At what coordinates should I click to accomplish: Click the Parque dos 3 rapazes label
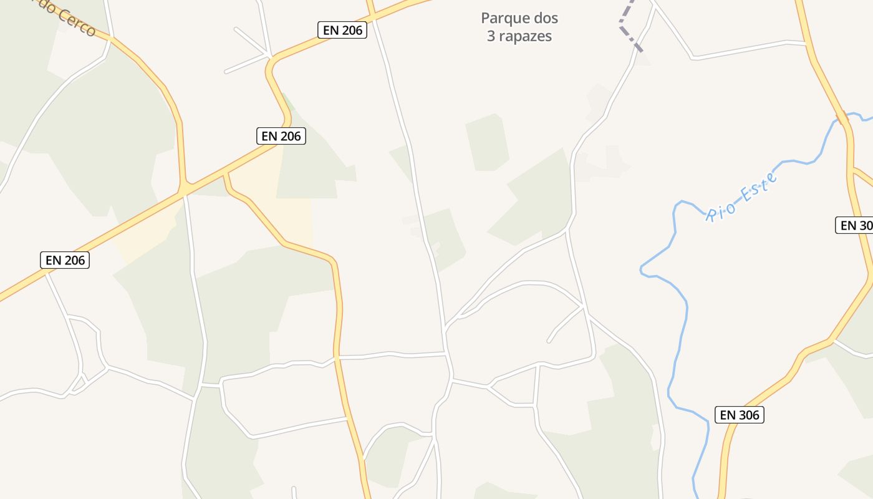(519, 27)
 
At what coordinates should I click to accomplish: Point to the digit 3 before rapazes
(491, 36)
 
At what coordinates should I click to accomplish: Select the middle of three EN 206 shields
(281, 136)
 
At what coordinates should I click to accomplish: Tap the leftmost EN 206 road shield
(65, 260)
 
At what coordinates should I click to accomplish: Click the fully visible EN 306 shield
(739, 415)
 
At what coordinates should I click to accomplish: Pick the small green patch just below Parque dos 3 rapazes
(487, 142)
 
